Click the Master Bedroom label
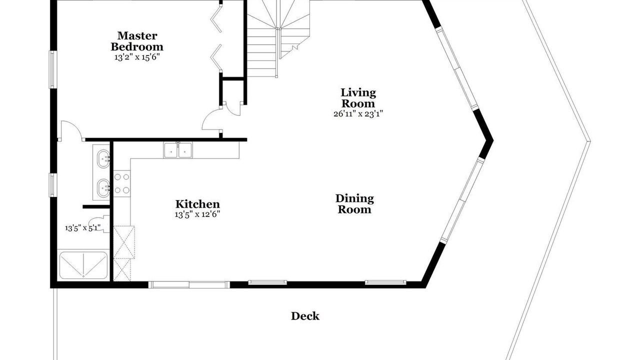coord(137,41)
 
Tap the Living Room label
coord(358,98)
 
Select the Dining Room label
coord(354,204)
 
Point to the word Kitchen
coord(197,204)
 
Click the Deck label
coord(305,316)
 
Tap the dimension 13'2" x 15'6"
coord(137,57)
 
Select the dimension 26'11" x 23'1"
coord(358,113)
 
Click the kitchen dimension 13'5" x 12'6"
coord(197,214)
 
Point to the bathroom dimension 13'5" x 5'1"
coord(83,228)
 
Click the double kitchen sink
coord(178,150)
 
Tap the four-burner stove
coord(122,183)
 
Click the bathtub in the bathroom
coord(83,265)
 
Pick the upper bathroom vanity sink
coord(103,158)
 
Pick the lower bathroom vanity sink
coord(103,188)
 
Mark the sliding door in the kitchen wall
coord(189,284)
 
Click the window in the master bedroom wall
coord(52,69)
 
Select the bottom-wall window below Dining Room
coord(385,282)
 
